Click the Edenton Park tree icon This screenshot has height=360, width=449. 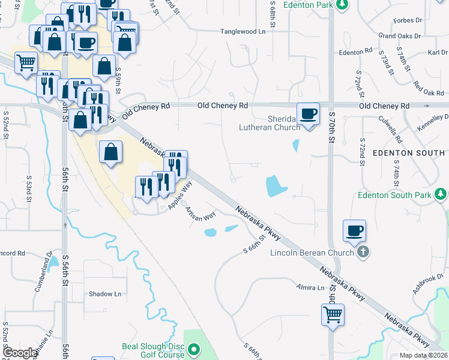342,5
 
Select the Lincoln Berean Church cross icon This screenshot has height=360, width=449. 363,253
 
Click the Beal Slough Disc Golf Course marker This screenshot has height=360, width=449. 193,349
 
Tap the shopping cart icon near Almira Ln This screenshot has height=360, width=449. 333,314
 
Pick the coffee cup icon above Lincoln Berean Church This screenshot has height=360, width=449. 354,231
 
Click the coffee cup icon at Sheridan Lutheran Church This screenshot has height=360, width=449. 309,113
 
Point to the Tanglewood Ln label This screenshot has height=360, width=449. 243,31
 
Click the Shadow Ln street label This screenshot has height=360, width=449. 105,294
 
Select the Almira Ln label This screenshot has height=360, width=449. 310,288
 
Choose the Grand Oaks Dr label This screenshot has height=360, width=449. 400,37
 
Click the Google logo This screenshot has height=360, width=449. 20,353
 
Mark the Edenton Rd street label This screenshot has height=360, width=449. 355,52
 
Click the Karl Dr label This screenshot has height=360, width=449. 437,53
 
